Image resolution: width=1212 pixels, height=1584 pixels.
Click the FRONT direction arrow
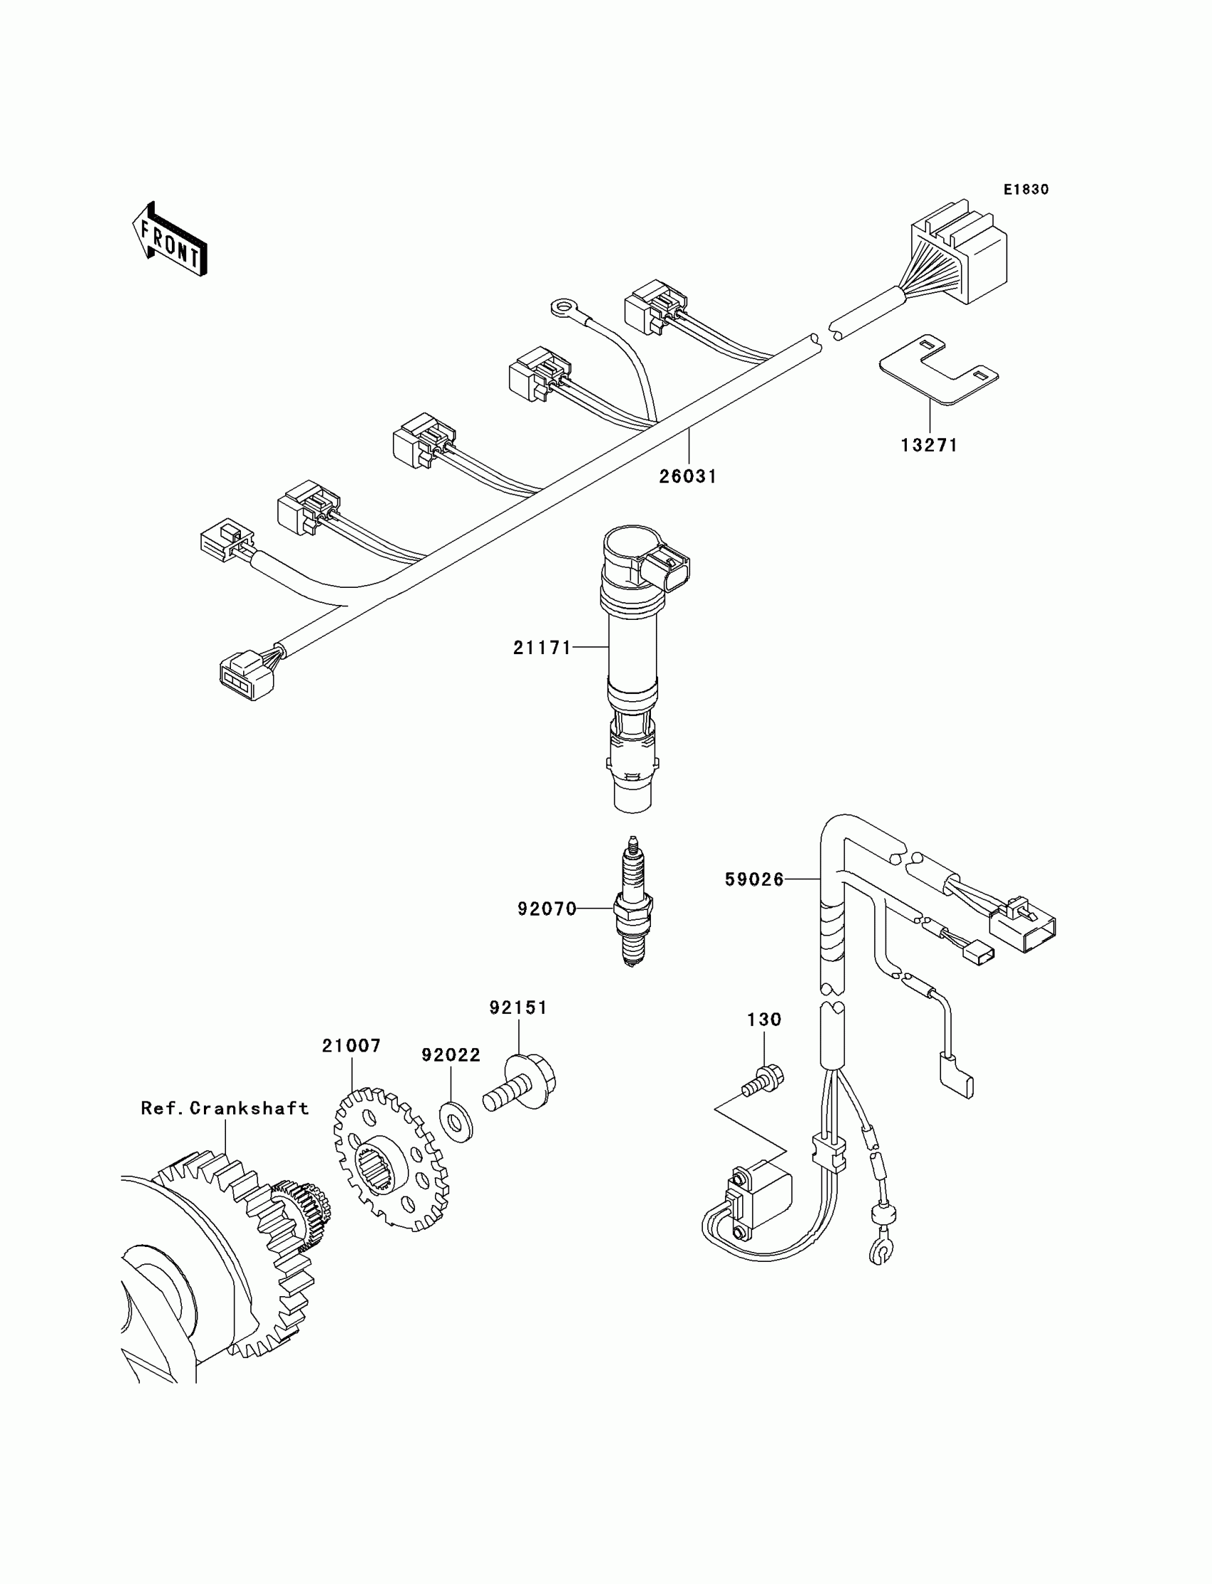(170, 239)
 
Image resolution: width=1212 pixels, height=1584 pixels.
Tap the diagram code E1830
(1026, 190)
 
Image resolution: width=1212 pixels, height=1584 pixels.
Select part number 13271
(929, 445)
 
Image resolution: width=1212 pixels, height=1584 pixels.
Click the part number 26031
(687, 477)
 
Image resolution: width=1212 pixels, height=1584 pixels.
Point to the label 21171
(543, 648)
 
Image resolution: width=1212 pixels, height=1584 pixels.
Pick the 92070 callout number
(548, 909)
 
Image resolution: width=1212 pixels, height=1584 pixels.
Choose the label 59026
(754, 879)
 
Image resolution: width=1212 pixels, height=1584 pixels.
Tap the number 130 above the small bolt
(764, 1020)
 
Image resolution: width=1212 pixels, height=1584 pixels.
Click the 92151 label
(519, 1008)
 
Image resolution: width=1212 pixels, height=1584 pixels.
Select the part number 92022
(451, 1055)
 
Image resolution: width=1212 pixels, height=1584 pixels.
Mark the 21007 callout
(351, 1046)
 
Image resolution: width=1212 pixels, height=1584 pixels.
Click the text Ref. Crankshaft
(225, 1108)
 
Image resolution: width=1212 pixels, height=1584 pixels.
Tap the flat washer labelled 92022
(456, 1122)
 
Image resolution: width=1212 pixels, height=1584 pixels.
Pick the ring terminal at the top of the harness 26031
(561, 309)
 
